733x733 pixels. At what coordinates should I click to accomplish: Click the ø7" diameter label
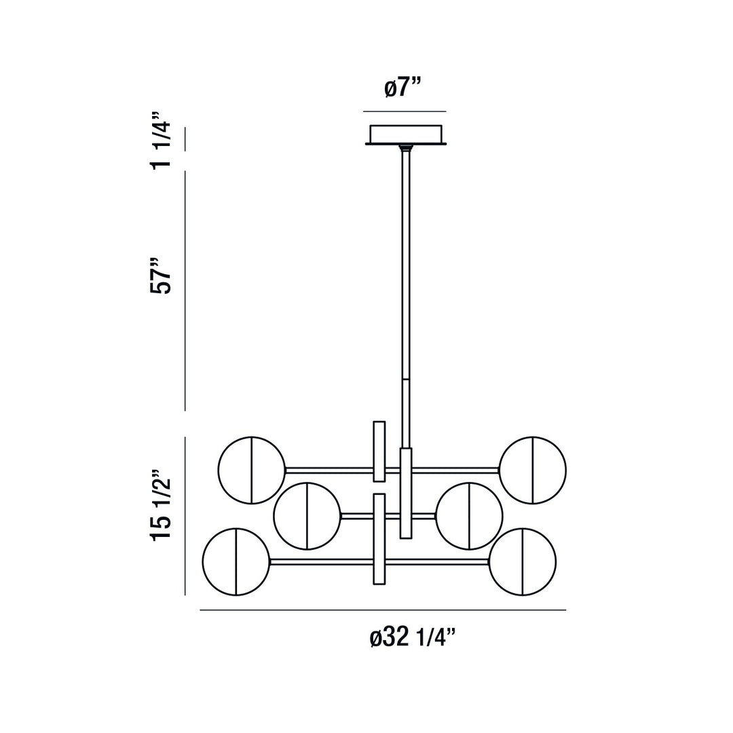point(403,88)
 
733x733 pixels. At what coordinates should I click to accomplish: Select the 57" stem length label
point(161,275)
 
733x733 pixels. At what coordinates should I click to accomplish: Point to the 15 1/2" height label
point(161,504)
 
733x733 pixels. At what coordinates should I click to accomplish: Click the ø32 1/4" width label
point(412,638)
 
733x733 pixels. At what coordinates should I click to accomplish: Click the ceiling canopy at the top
point(405,134)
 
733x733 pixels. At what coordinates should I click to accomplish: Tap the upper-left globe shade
point(252,470)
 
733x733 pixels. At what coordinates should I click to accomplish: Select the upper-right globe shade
point(533,470)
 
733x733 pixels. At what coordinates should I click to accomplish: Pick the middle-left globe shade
point(307,516)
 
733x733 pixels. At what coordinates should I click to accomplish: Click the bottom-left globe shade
point(236,562)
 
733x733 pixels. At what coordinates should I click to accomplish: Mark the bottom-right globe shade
point(523,562)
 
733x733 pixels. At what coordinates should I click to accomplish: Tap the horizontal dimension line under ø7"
point(405,111)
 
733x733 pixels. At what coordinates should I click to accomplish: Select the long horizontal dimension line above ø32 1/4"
point(383,610)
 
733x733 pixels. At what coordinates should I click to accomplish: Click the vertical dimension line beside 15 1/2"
point(185,516)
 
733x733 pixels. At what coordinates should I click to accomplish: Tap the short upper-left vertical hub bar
point(379,451)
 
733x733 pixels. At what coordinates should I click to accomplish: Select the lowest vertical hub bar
point(379,539)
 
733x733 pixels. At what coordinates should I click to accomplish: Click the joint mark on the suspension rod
point(406,379)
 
